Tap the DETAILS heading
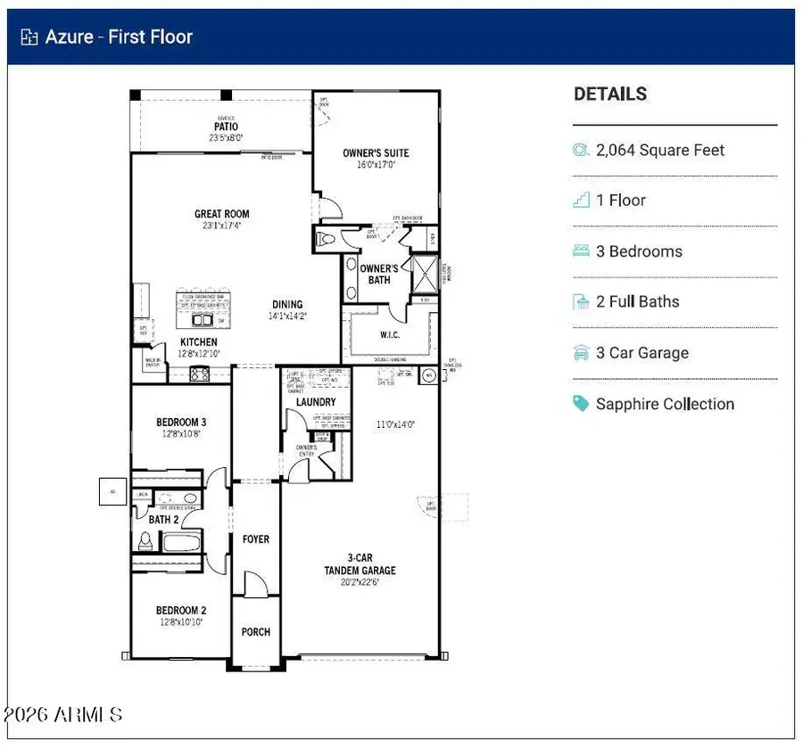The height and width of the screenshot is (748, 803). coord(610,95)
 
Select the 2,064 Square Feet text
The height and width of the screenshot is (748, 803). coord(660,151)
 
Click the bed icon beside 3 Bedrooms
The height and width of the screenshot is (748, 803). coord(581,251)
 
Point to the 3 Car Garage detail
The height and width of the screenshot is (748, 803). coord(642,353)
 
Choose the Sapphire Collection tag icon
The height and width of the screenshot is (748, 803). coord(581,404)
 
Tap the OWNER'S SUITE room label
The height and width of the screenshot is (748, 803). coord(376,153)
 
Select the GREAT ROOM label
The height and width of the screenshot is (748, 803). coord(222,214)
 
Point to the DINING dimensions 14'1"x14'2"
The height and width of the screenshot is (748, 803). coord(288,316)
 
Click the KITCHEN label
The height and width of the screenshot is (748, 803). coord(199,342)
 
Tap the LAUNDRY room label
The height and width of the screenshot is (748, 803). coord(316,403)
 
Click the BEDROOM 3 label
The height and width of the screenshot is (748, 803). coord(181,423)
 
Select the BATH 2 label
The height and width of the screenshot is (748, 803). coord(164,520)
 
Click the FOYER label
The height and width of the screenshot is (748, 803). coord(256,539)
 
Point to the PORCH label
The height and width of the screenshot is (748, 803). coord(256,632)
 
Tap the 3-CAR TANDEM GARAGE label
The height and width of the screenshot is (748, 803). coord(360,564)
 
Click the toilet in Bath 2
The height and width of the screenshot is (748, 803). coord(145,540)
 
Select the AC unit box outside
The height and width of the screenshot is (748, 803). coord(113,490)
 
